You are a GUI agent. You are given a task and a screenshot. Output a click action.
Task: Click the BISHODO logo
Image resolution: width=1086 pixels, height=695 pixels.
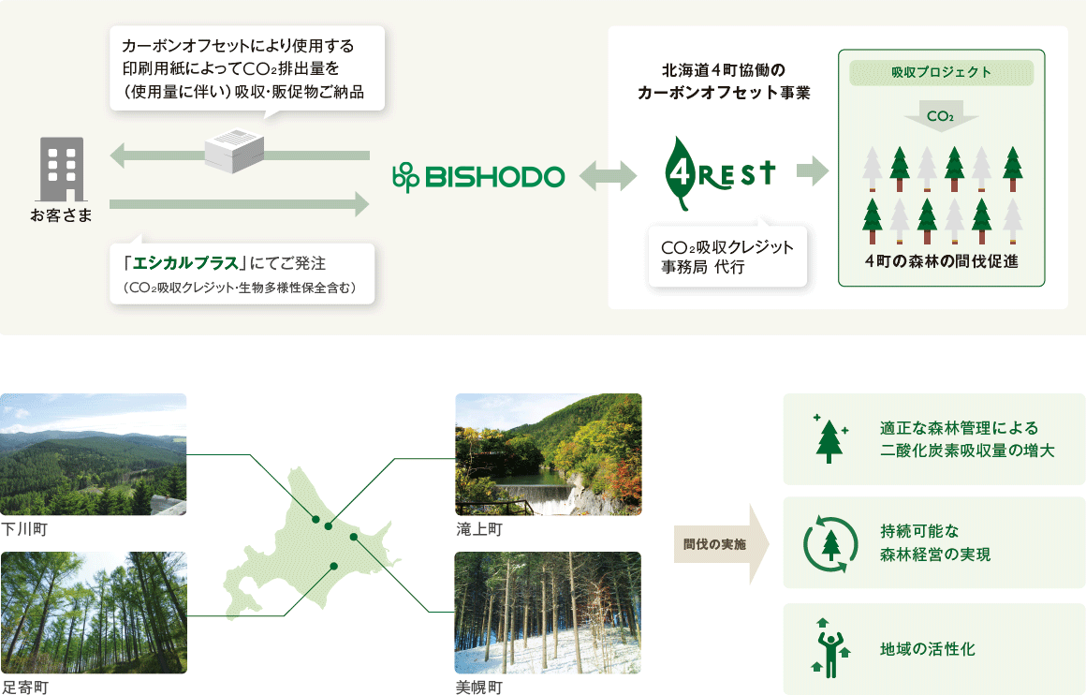coord(478,177)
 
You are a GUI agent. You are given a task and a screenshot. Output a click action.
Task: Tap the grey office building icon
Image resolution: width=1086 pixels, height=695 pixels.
coord(63,170)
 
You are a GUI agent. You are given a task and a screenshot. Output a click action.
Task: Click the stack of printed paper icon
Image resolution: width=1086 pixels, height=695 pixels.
coord(234,151)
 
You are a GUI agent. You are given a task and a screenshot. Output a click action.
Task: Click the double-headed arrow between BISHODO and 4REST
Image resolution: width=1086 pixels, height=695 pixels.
coord(608,176)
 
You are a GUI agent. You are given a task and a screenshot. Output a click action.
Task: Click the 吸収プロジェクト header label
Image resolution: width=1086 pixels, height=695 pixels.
coord(941,73)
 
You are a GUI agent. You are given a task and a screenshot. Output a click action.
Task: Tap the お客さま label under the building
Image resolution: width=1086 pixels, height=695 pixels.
coord(61,215)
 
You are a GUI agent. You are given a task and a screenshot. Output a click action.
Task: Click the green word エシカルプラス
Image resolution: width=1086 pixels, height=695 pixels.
coord(185,263)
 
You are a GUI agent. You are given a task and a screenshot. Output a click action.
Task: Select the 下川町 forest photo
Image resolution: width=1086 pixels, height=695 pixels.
coord(94,454)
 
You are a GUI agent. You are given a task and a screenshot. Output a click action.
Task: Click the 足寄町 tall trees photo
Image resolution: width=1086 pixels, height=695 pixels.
coord(94,613)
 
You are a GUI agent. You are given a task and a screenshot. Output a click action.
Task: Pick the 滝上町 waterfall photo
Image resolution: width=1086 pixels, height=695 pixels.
coord(549,454)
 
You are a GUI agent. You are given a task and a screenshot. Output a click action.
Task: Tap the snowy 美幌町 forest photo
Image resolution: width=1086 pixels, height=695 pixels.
coord(548,613)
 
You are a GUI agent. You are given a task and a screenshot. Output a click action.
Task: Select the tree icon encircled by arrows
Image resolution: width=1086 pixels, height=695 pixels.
coord(829,544)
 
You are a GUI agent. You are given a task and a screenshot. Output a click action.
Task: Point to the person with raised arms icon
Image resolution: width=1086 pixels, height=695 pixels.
coord(829,648)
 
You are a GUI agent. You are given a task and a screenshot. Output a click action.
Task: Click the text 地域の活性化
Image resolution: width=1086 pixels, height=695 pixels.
coord(928,649)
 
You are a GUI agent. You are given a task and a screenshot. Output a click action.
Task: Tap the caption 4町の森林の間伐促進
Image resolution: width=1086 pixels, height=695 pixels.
coord(941,261)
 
